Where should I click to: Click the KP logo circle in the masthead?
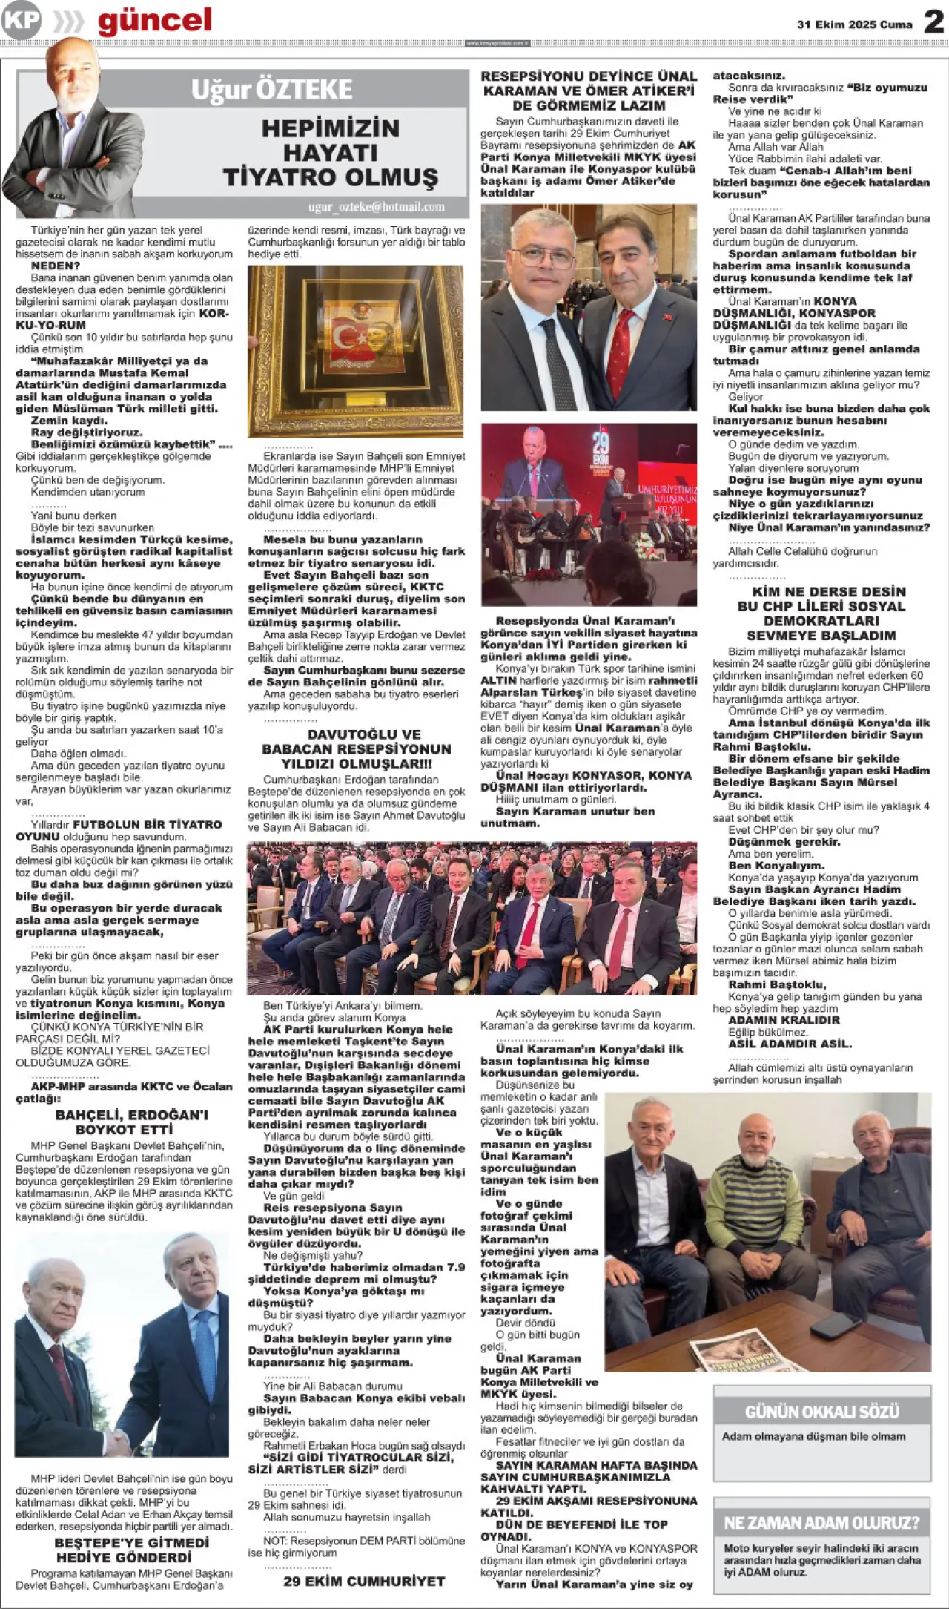click(21, 20)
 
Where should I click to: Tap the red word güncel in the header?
click(154, 21)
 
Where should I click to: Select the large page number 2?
click(933, 22)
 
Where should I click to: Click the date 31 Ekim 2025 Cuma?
click(854, 24)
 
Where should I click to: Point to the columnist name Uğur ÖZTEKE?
click(271, 90)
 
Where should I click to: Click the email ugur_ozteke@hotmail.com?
click(377, 207)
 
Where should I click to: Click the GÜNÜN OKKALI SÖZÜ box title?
click(821, 1411)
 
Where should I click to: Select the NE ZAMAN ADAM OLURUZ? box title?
click(821, 1523)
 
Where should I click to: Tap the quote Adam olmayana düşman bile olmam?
click(813, 1436)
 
